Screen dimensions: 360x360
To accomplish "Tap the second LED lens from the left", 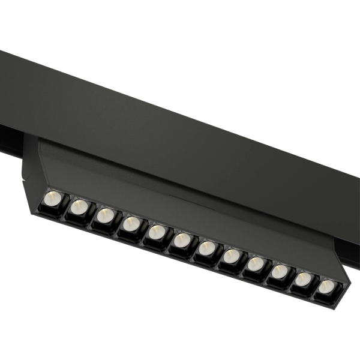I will tap(79, 207).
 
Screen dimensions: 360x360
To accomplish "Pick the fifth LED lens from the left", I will tap(156, 232).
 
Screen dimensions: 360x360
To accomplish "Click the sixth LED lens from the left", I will tap(181, 239).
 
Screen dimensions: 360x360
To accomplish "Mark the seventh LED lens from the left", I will tap(206, 247).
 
